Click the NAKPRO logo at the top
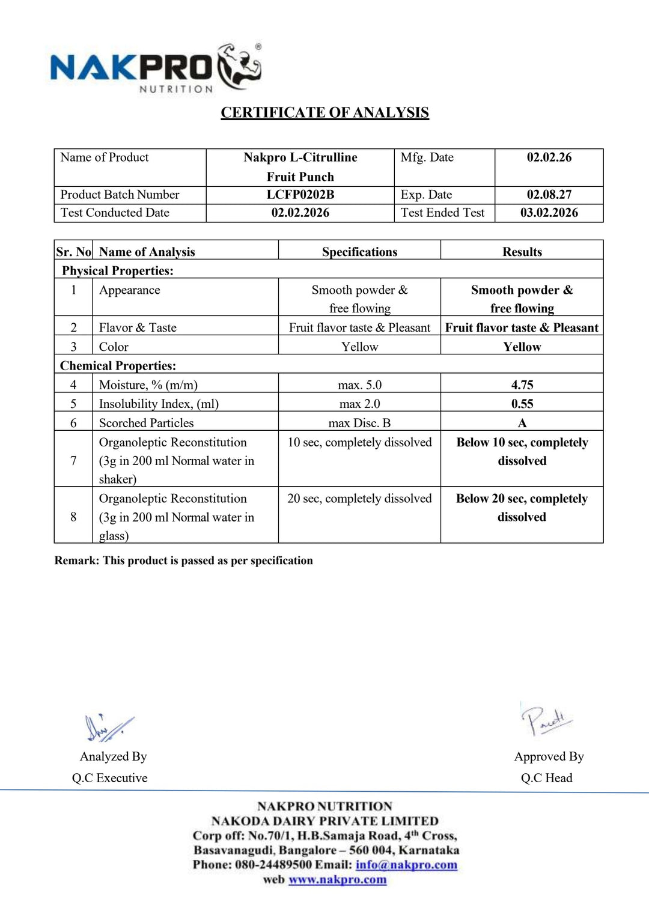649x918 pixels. click(155, 68)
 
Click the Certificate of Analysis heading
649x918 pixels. click(324, 113)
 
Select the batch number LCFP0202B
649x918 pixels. click(300, 195)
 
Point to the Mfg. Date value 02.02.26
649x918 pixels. click(549, 157)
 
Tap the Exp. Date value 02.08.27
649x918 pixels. click(549, 195)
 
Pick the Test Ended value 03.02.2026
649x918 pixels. click(549, 213)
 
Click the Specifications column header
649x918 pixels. click(359, 252)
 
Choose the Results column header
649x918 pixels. click(522, 252)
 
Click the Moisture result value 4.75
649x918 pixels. click(522, 385)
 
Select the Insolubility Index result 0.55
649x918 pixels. click(522, 404)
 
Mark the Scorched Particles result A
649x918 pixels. click(522, 423)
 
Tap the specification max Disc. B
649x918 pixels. click(359, 423)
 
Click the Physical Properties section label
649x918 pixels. click(118, 270)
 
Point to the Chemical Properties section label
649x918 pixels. click(118, 365)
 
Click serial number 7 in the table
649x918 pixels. click(73, 461)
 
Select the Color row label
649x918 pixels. click(114, 347)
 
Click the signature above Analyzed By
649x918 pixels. click(108, 728)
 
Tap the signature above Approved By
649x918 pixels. click(546, 720)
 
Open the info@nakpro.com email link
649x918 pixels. click(406, 865)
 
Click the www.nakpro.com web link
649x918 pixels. click(337, 880)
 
